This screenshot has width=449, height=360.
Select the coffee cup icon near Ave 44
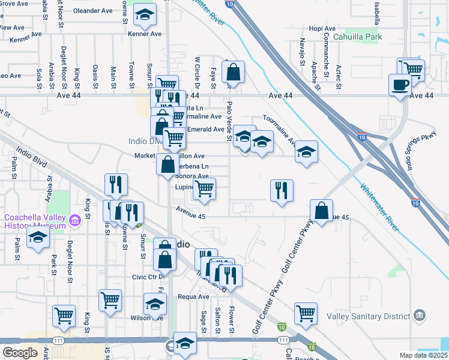pos(400,85)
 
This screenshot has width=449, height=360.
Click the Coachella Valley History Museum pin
pos(75,221)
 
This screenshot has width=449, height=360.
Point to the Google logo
pos(20,353)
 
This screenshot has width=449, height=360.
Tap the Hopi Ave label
pos(322,28)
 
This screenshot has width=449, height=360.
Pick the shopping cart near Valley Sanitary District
pos(306,313)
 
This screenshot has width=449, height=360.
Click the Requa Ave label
pos(196,296)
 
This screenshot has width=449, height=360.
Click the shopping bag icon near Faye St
pos(233,72)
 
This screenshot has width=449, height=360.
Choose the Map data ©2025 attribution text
pos(423,355)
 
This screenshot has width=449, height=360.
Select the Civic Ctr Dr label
pos(148,278)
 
